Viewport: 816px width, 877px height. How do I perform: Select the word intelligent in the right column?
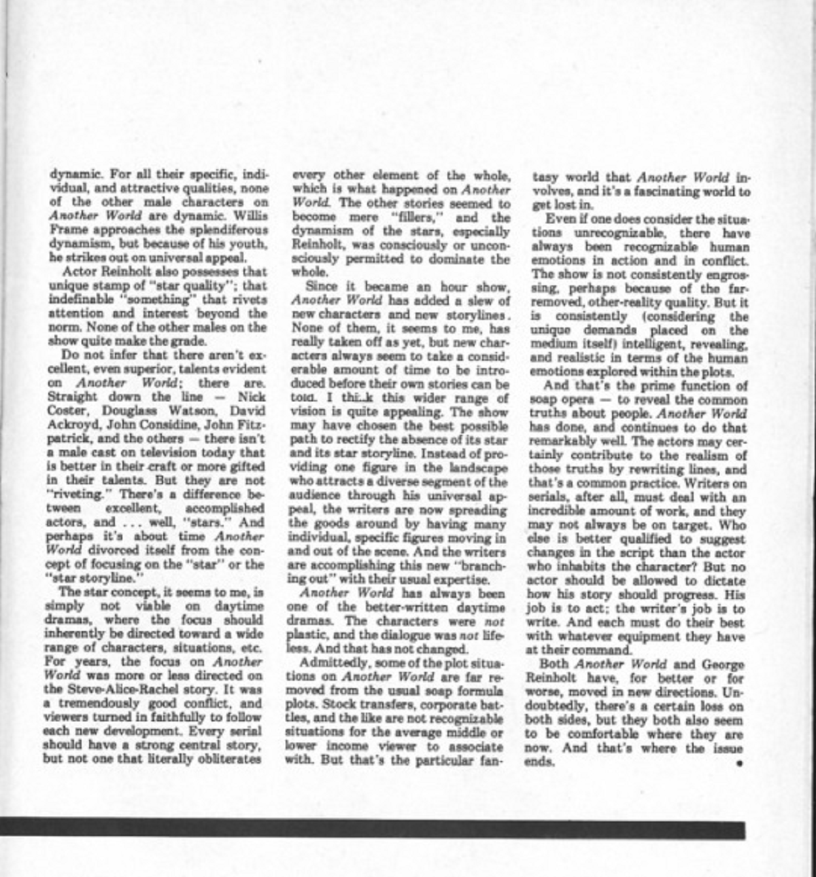[643, 344]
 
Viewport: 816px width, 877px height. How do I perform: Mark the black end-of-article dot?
[739, 763]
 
